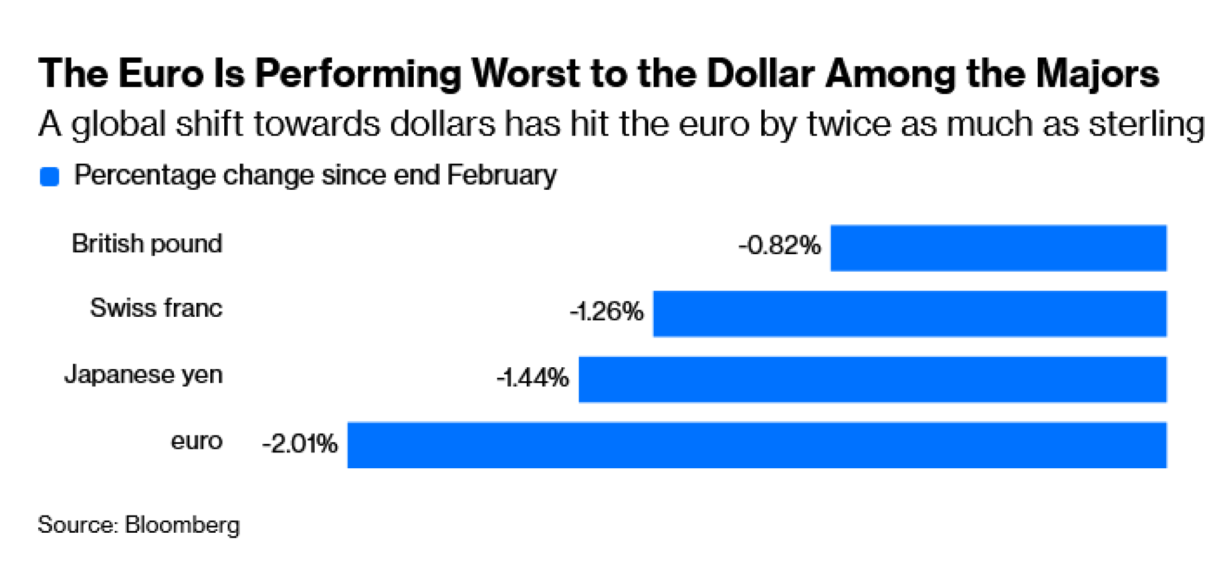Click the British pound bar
[998, 248]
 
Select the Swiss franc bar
[909, 314]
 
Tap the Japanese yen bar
[872, 379]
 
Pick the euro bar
[756, 445]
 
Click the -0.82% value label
[779, 246]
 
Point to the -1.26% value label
[606, 311]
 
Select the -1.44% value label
[533, 378]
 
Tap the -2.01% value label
[299, 443]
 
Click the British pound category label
[147, 244]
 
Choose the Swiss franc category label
[156, 308]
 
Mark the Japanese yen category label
[144, 375]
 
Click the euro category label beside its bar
[196, 441]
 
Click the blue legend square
[49, 177]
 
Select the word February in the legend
[501, 175]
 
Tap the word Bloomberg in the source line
[182, 525]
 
